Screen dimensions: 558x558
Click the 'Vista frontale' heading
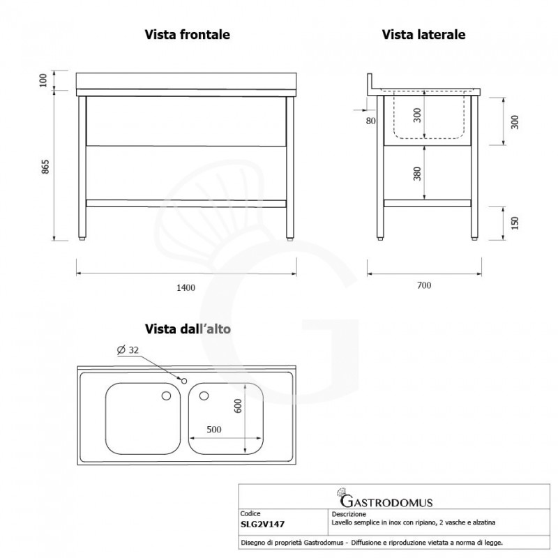click(187, 33)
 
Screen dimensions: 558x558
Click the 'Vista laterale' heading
click(423, 33)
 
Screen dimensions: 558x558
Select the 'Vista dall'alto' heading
click(187, 328)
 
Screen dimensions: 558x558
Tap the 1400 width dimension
click(186, 287)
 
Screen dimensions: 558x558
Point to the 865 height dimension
click(45, 168)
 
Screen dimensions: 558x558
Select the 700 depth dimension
click(424, 285)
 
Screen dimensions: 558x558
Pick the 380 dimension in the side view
click(417, 173)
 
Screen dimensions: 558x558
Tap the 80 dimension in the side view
click(370, 121)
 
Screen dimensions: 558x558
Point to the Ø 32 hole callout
click(129, 350)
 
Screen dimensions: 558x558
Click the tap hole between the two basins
click(183, 380)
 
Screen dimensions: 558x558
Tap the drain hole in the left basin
click(166, 396)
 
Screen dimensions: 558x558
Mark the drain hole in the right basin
click(204, 396)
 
